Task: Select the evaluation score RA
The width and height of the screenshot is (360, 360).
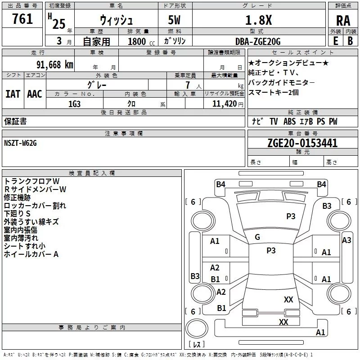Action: [x=343, y=21]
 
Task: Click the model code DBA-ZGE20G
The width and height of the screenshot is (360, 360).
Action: [x=258, y=41]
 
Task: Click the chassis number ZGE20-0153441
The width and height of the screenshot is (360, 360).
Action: [x=302, y=143]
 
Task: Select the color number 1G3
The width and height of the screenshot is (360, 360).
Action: [x=74, y=103]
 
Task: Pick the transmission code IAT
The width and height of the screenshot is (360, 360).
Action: [x=13, y=94]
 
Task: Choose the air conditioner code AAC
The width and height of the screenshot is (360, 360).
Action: [x=35, y=94]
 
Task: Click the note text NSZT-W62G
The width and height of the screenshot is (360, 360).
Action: [x=20, y=143]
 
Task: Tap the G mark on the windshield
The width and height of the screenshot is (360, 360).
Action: [x=257, y=237]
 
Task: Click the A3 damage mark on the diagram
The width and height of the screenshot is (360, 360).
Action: [x=346, y=240]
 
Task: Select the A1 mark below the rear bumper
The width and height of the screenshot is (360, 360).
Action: [x=320, y=333]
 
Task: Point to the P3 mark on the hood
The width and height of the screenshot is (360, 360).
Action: [x=291, y=216]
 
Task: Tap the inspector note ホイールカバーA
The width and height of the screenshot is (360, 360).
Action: [x=31, y=254]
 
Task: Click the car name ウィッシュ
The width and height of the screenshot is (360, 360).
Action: [x=115, y=21]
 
